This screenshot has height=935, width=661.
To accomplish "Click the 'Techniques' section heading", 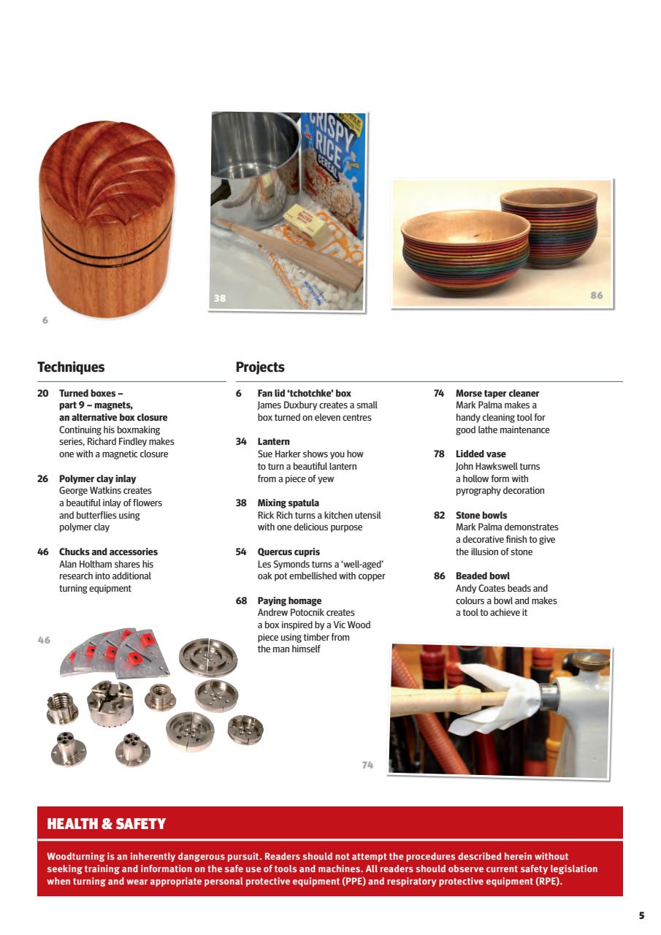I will [71, 367].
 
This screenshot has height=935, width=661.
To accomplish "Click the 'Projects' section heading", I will [260, 367].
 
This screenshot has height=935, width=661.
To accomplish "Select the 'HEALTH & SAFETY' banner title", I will [107, 824].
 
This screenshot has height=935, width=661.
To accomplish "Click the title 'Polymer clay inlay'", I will [97, 479].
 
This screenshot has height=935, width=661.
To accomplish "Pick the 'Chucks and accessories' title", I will [108, 552].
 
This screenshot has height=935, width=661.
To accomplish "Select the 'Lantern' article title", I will [273, 442].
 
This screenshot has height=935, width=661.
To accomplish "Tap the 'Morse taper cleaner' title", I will [497, 394].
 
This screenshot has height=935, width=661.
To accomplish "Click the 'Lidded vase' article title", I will [480, 454].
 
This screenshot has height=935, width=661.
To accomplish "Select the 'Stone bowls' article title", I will [481, 516].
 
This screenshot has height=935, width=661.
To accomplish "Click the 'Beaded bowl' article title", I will [482, 576].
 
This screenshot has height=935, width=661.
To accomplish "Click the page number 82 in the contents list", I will [439, 516].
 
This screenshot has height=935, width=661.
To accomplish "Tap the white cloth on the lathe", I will [497, 700].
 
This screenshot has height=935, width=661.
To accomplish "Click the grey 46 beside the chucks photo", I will [44, 640].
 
